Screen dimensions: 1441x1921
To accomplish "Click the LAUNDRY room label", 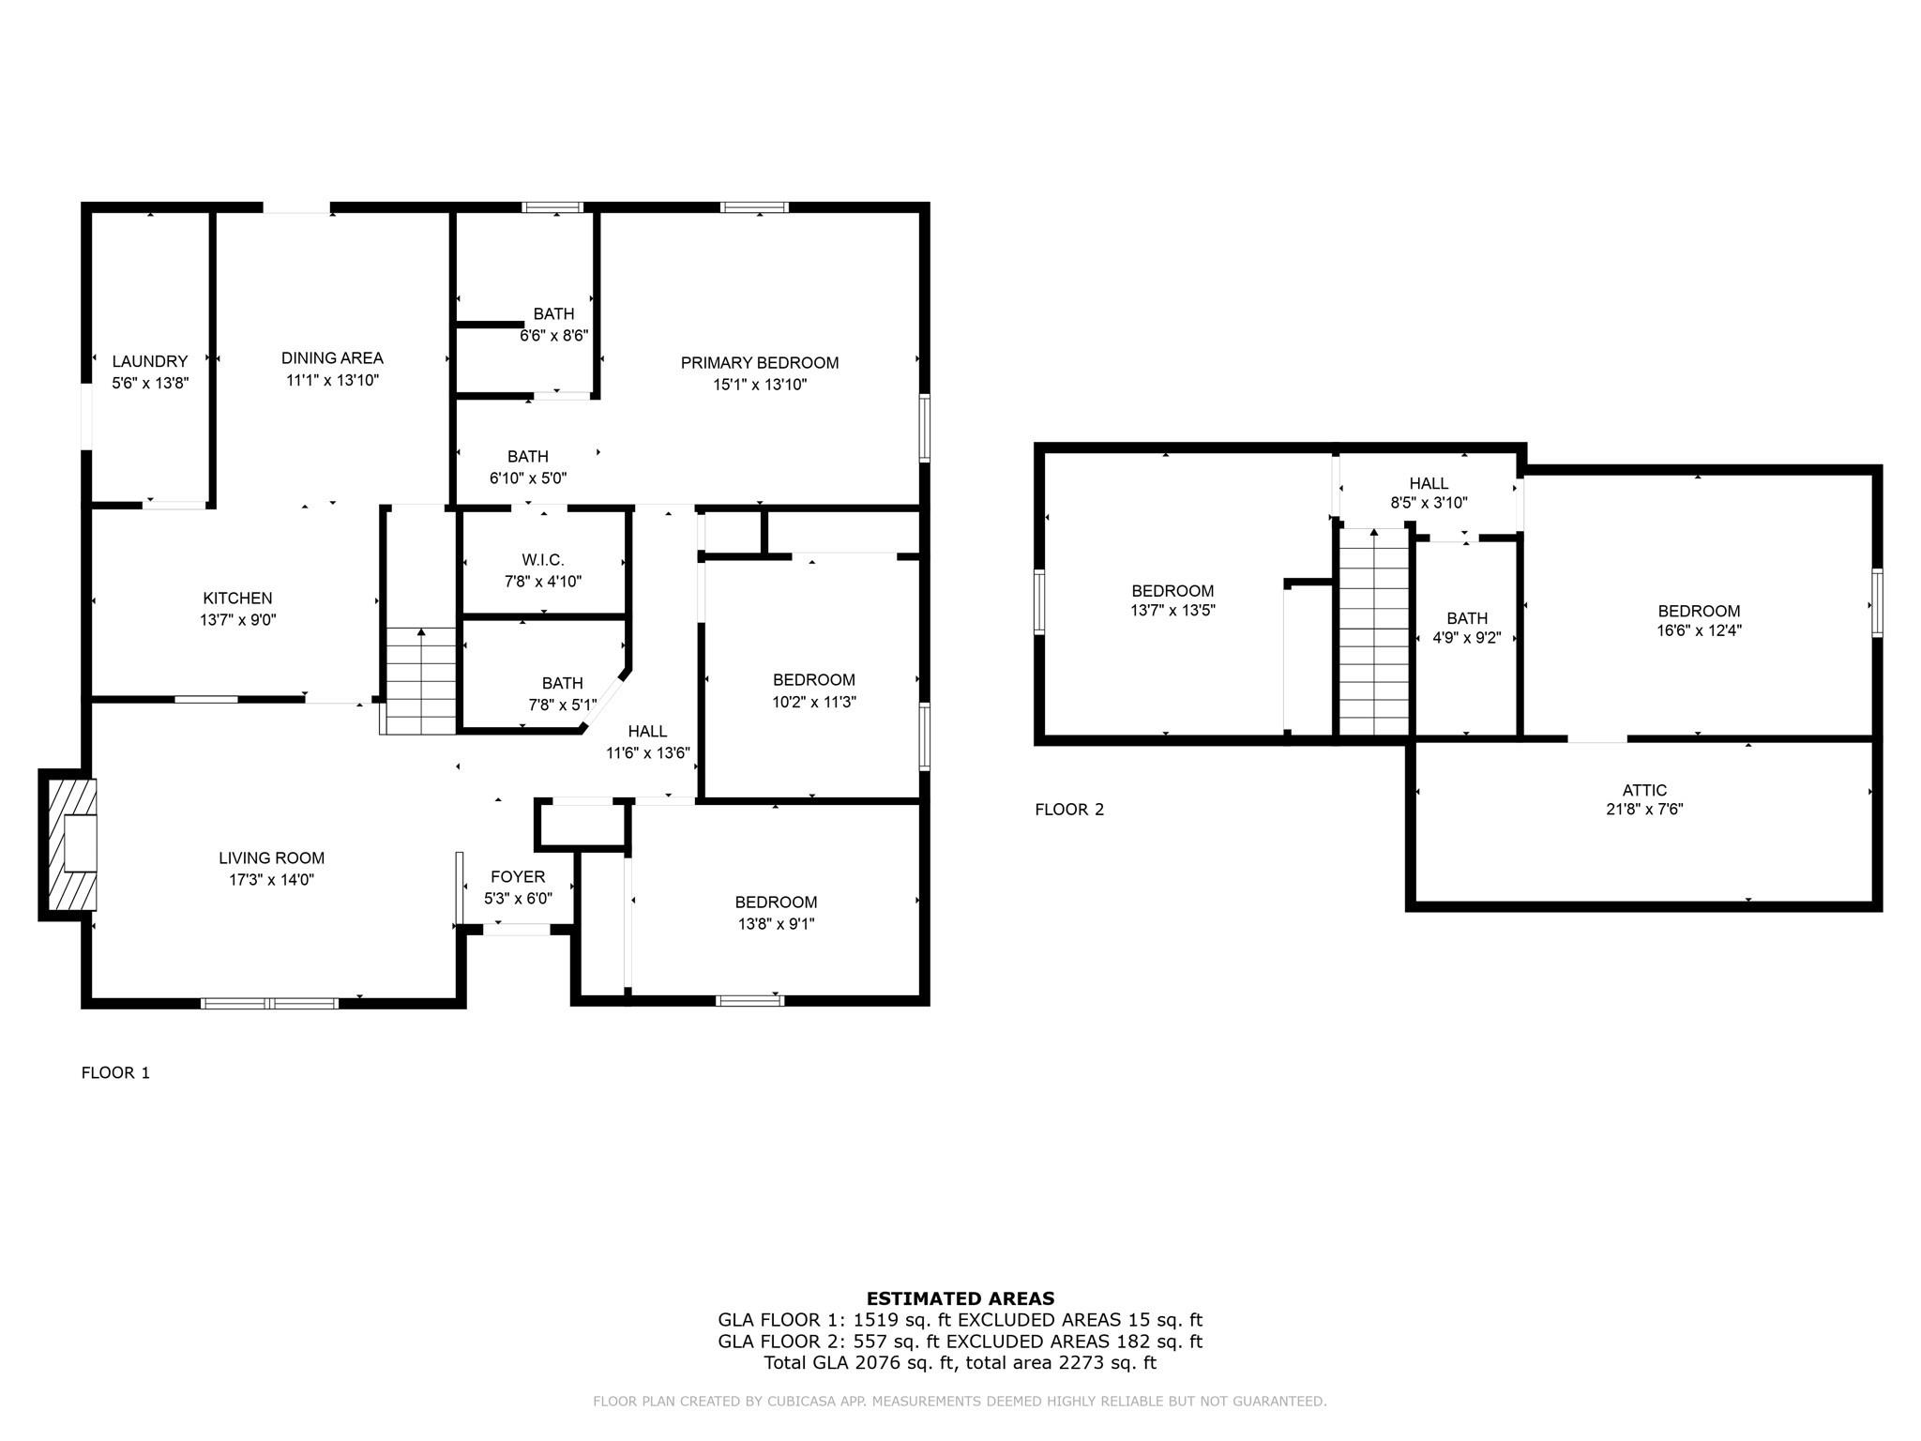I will coord(150,361).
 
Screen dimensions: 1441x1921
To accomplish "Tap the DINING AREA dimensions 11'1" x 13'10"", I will coord(332,381).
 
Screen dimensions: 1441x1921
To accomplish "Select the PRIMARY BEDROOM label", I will coord(759,363).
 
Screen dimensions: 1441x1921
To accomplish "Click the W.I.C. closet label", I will coord(543,560).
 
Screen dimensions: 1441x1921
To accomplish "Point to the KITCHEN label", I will coord(237,599).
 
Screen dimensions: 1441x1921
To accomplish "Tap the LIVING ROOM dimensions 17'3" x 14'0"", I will coord(271,880).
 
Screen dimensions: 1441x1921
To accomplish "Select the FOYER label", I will coord(518,877).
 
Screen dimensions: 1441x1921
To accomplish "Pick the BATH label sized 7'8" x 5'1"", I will coord(562,684).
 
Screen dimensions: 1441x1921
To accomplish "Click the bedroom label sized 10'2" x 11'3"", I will coord(813,680).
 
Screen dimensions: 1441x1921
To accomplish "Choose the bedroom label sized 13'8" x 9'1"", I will coord(776,903).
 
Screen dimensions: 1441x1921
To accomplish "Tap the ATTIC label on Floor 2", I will coord(1644,791).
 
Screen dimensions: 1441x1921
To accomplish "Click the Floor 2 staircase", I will coord(1374,633).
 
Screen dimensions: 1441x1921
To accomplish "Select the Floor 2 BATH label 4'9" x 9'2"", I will coord(1467,619).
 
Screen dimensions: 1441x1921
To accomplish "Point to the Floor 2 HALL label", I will coord(1429,484).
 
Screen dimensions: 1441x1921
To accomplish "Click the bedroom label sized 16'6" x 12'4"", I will coord(1699,612).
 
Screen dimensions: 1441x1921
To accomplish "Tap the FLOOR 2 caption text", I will coord(1069,810).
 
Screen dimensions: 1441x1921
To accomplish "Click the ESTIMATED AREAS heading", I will coord(960,1299).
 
